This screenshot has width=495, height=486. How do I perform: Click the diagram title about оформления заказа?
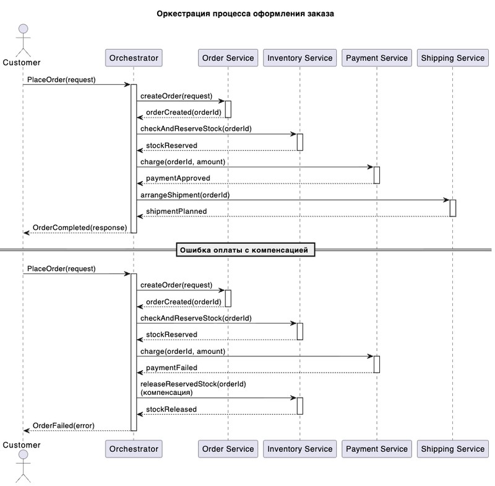[245, 14]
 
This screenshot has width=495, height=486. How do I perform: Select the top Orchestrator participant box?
[134, 58]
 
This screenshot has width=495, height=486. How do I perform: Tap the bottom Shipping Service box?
[452, 449]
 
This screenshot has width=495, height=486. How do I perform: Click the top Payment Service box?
[377, 58]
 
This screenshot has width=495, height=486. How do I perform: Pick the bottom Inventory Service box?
[299, 449]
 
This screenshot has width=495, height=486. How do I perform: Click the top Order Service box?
[228, 58]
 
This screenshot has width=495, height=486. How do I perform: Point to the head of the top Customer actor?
[24, 29]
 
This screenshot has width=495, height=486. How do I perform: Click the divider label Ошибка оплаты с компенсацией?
[244, 250]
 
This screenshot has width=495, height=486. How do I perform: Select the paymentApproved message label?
[178, 179]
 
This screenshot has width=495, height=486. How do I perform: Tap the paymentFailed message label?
[171, 368]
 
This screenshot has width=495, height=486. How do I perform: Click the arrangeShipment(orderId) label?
[185, 195]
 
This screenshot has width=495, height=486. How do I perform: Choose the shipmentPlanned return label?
[176, 211]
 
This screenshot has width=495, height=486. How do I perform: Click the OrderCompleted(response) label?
[80, 228]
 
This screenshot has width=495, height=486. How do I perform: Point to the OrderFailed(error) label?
[64, 426]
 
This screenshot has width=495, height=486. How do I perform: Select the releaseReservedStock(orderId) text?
[193, 384]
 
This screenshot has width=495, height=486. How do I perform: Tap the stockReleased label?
[171, 409]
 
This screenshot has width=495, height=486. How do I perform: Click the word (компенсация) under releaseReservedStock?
[166, 392]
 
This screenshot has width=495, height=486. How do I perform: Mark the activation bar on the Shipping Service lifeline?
[453, 208]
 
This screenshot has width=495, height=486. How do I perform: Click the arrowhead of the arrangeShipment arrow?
[447, 200]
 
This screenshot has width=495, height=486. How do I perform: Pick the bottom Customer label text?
[22, 445]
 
